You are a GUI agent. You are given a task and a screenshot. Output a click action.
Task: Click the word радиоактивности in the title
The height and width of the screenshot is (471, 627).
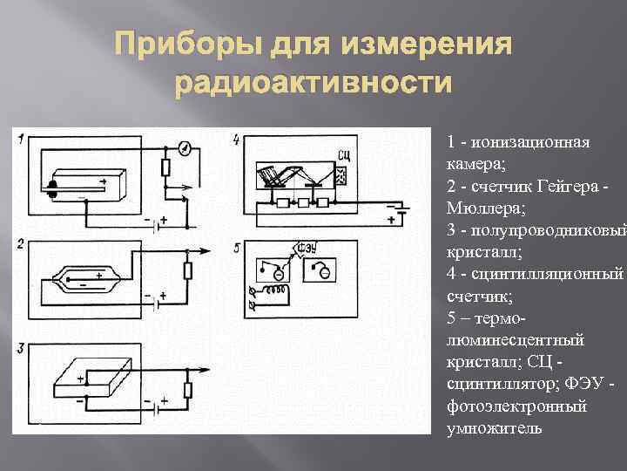[313, 85]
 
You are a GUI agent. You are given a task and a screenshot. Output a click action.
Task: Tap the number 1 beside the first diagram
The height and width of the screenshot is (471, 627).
[20, 138]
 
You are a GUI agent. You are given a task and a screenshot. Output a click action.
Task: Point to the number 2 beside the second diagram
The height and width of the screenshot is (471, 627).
[20, 242]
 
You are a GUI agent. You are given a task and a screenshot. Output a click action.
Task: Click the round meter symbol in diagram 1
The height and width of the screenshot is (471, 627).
[184, 147]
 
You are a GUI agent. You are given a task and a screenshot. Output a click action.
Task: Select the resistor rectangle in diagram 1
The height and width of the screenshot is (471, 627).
[165, 168]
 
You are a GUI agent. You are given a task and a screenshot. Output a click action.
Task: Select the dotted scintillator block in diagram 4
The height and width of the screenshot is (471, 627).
[340, 176]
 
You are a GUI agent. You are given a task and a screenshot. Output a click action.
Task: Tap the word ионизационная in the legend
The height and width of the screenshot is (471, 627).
[529, 142]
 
